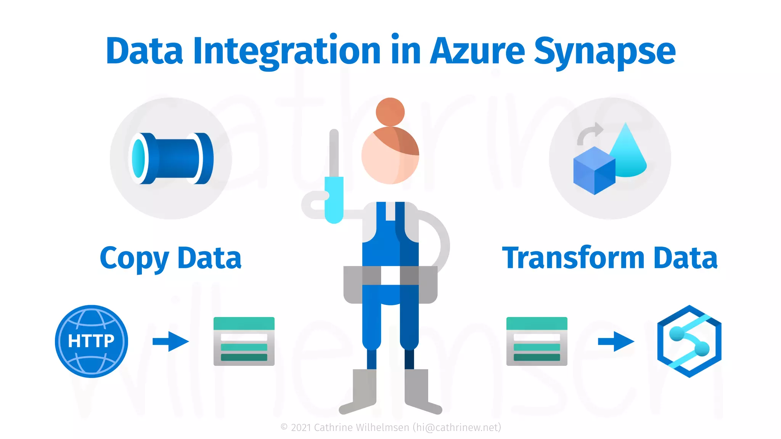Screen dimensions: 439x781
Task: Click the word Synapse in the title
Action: click(604, 51)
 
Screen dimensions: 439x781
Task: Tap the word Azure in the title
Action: click(477, 51)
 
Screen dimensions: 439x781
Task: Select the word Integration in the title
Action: click(287, 51)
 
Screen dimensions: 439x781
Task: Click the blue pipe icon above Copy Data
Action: click(171, 159)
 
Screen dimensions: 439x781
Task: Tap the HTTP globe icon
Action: click(92, 341)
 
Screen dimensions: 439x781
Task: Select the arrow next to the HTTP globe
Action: click(170, 341)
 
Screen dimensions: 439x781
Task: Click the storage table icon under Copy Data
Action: click(244, 341)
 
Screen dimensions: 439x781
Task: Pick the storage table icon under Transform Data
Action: click(537, 341)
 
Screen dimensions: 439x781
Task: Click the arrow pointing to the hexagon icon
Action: click(616, 341)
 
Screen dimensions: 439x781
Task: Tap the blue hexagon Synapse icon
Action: click(689, 341)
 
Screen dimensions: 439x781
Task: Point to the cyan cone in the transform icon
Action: click(627, 152)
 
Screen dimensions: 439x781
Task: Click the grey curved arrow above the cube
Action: click(589, 133)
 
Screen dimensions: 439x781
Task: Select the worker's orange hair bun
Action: click(390, 112)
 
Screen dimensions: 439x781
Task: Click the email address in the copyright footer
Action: click(457, 428)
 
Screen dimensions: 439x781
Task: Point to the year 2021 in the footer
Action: click(301, 428)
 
